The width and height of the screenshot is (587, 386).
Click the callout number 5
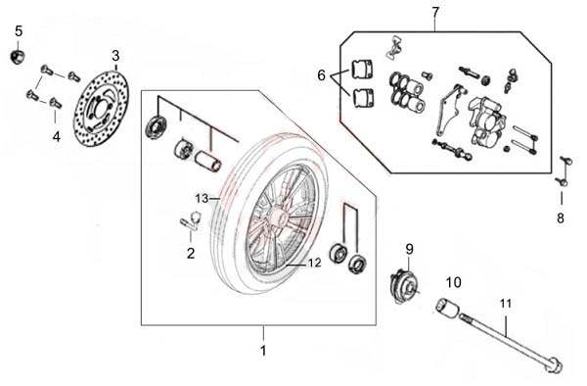point(19,31)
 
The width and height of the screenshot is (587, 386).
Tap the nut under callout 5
point(17,57)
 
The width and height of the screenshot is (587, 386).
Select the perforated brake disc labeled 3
point(101,109)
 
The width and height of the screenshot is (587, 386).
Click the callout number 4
point(56,137)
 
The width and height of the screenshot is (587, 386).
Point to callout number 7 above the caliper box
point(435,13)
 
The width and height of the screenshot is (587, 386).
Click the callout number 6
point(321,75)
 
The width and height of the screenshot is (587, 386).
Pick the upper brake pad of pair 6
point(362,69)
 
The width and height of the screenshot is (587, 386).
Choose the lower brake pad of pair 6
point(362,98)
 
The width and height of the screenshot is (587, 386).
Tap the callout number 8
point(561,217)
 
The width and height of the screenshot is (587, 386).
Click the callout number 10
point(453,282)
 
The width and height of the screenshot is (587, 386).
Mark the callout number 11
point(506,303)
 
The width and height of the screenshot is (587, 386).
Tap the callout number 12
point(314,263)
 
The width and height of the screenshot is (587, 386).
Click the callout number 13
point(202,198)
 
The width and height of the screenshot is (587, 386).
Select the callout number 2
point(191,254)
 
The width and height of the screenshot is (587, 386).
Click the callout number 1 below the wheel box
point(263,351)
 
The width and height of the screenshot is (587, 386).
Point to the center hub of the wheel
point(278,218)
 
